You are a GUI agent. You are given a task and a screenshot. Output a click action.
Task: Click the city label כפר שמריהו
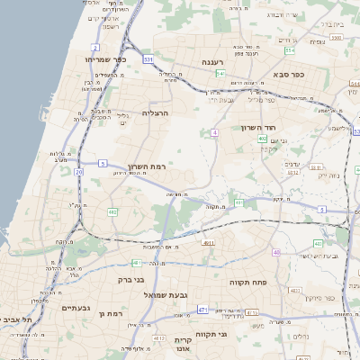104,59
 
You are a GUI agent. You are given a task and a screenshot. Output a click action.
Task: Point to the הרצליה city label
156,113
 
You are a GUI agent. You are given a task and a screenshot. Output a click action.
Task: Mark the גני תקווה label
235,334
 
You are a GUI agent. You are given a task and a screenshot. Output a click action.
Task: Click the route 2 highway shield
95,47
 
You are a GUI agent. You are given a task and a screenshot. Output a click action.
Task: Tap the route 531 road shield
148,59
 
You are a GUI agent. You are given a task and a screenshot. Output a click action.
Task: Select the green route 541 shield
220,74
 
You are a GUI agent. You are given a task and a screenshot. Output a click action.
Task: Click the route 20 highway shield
79,171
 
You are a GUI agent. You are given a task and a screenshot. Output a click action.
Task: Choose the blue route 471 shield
203,310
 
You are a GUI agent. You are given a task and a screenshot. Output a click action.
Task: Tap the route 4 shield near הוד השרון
215,132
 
